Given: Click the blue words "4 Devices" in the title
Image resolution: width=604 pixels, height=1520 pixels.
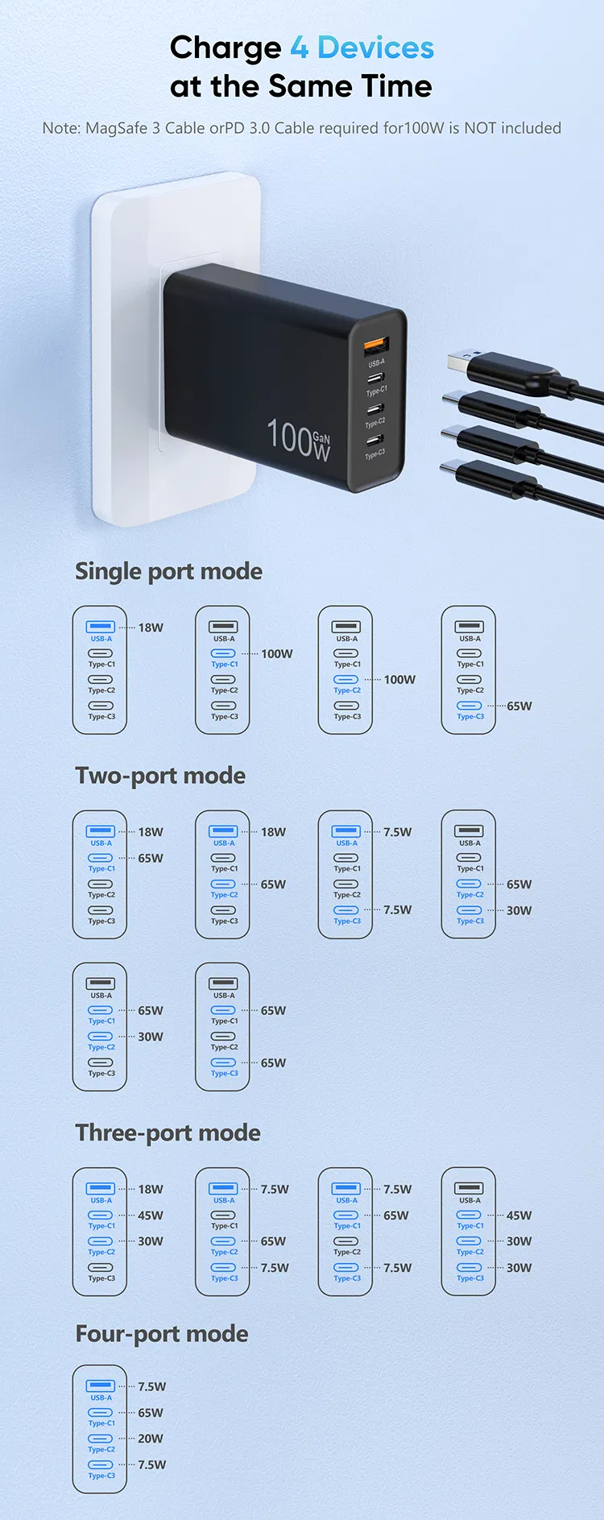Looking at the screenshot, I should (x=362, y=48).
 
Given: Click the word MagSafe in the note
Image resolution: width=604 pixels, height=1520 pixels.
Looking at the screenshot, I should (x=116, y=128).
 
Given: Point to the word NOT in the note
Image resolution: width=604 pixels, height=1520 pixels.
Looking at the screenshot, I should (x=480, y=128).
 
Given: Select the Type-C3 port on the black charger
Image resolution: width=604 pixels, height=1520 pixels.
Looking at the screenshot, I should (x=374, y=441).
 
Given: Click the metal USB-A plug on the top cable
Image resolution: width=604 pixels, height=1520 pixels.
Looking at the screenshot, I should (x=465, y=359).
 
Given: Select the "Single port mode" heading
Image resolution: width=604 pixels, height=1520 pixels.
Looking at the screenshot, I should (x=168, y=571).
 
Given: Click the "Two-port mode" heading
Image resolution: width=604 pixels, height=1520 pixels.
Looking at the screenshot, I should (x=160, y=776).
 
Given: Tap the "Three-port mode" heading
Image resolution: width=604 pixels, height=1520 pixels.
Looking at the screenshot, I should (x=168, y=1133).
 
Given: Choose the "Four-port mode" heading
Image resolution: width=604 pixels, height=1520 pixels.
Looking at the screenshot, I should (x=161, y=1334).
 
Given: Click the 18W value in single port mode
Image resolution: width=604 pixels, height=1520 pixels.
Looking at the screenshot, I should (x=151, y=627).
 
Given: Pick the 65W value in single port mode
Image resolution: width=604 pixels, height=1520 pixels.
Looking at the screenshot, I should (x=519, y=706).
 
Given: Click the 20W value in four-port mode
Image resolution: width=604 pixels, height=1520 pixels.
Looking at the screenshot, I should (x=151, y=1439).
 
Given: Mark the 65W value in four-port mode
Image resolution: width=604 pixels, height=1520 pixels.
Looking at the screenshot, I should (x=151, y=1413).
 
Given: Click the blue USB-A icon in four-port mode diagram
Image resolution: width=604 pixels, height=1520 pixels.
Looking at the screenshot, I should (x=101, y=1385).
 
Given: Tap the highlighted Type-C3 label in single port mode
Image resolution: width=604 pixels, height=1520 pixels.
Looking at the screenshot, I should (x=470, y=716).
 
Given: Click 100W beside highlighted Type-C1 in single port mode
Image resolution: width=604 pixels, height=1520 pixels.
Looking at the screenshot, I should (x=276, y=654).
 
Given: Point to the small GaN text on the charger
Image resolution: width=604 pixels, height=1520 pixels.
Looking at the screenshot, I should (x=321, y=438).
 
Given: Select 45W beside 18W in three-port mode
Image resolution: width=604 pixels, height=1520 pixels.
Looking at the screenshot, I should (x=151, y=1216).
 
